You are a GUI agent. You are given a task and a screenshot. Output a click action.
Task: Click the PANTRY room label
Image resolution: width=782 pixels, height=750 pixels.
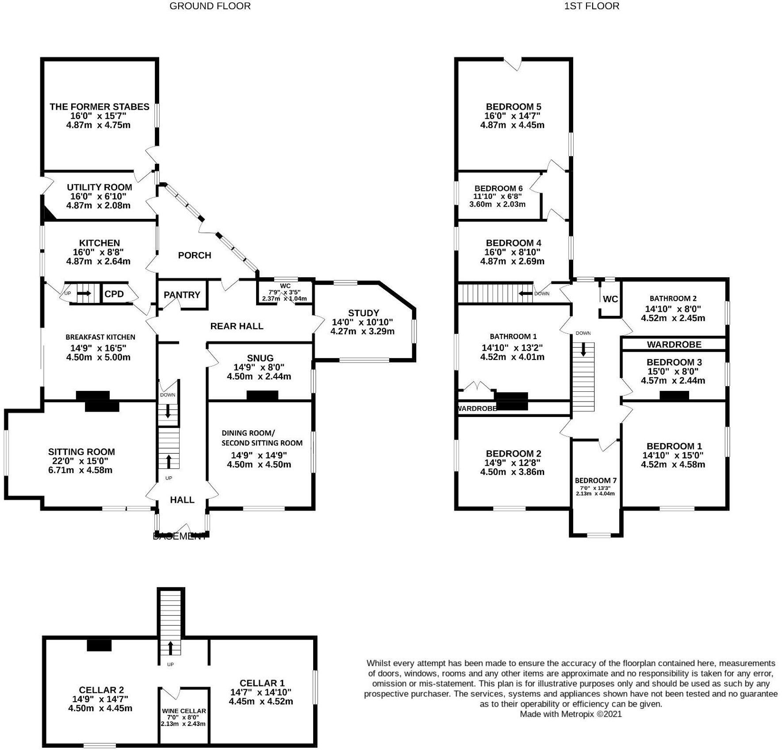tap(182, 295)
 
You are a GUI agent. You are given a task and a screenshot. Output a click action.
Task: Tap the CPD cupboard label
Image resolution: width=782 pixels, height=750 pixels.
tap(114, 294)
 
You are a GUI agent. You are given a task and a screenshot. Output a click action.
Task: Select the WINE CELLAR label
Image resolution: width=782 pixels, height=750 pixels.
tap(184, 711)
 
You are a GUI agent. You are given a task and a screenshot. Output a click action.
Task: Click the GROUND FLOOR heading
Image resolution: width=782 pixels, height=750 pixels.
tap(210, 6)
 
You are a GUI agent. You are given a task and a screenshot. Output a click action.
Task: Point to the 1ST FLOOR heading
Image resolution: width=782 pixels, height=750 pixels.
tap(591, 6)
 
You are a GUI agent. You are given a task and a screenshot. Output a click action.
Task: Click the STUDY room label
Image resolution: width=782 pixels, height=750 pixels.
tap(363, 313)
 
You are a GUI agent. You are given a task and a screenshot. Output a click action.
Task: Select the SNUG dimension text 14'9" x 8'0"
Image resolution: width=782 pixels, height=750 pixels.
tap(259, 367)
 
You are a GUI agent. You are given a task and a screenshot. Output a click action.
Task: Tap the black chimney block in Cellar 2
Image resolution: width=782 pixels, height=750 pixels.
tap(99, 646)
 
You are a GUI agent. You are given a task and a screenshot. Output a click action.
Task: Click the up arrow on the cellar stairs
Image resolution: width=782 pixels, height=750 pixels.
tap(170, 648)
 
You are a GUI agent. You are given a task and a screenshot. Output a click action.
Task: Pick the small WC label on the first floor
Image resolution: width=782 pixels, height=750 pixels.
tap(610, 299)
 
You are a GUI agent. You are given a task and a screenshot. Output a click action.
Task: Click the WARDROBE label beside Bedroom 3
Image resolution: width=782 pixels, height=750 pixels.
tap(674, 344)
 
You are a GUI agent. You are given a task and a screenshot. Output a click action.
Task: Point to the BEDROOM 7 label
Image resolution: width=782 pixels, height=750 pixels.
tap(595, 481)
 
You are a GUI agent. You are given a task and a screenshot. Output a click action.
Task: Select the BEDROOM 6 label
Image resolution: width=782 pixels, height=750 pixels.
tap(495, 188)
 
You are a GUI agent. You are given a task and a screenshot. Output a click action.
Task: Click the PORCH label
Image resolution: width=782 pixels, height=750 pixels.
tap(194, 256)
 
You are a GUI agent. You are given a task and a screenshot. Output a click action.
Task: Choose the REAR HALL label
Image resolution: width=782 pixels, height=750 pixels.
tap(237, 326)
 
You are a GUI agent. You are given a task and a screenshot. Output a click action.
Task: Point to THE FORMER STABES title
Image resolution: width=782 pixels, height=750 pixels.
tap(99, 107)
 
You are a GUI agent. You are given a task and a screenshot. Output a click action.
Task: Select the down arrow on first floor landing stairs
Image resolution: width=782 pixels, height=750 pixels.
tap(583, 350)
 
